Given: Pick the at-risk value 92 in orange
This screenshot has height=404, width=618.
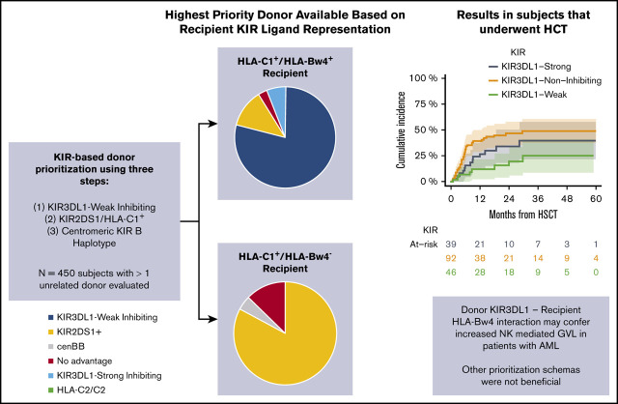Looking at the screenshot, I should click(450, 258).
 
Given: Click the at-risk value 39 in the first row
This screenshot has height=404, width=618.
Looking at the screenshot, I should click(450, 243).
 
